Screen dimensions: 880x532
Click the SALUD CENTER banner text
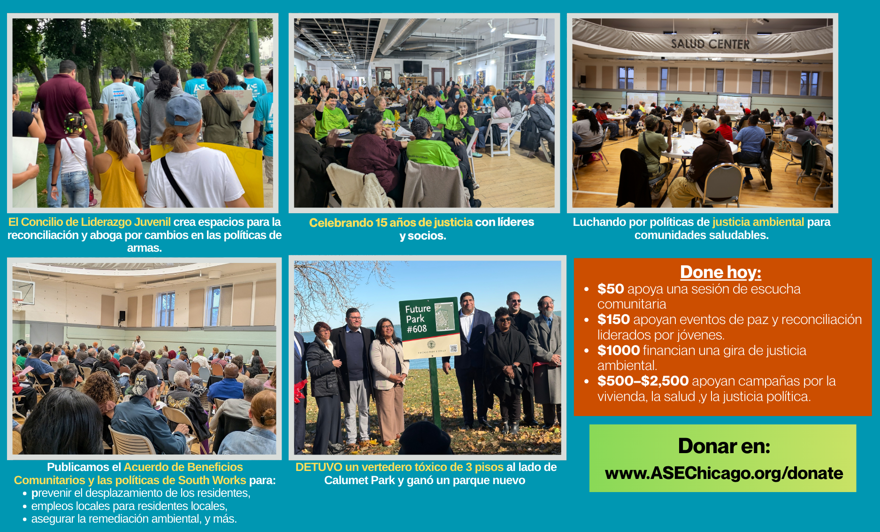710,44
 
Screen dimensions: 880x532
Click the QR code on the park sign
453,348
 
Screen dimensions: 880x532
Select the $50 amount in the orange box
610,289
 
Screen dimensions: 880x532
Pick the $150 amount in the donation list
613,319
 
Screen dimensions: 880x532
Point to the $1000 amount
618,350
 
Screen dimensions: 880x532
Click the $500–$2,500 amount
643,381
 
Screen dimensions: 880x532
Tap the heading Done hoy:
720,272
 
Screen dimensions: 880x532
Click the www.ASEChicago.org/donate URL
724,473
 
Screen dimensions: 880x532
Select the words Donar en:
724,446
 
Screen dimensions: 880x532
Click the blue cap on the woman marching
184,109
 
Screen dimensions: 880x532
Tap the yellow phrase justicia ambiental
758,222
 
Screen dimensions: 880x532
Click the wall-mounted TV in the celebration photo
412,66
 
